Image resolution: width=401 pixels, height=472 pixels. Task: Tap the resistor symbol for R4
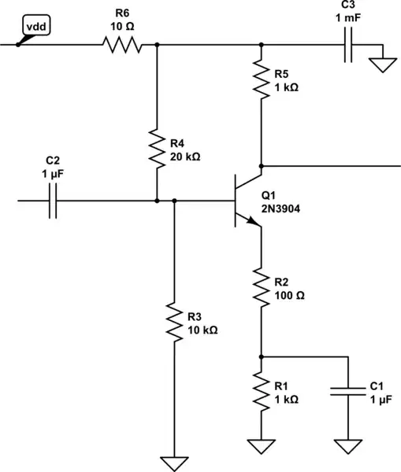(157, 145)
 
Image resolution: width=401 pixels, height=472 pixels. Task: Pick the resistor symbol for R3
(173, 321)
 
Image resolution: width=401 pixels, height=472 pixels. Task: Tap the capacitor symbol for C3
(347, 45)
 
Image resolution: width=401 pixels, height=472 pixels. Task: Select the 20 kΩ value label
(185, 157)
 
